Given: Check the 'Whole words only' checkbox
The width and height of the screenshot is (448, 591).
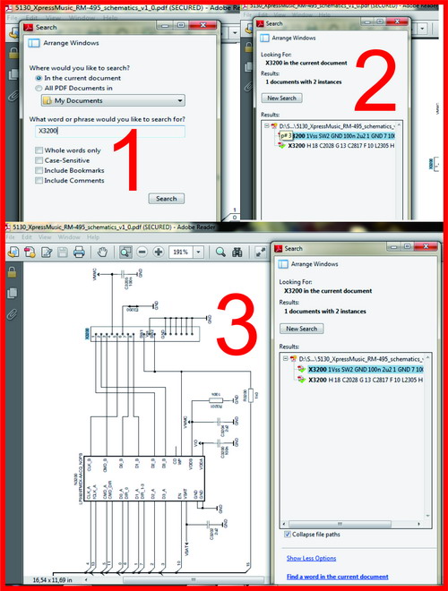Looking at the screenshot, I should point(39,150).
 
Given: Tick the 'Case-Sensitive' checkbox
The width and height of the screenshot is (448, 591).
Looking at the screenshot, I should point(39,160).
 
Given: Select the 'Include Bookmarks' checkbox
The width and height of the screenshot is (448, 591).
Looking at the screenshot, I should point(39,170).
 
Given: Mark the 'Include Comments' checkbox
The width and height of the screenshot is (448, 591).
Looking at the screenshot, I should point(39,180).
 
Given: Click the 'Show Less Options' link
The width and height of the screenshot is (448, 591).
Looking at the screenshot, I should point(311,558).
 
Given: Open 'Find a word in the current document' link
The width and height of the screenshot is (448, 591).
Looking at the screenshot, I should point(337,577).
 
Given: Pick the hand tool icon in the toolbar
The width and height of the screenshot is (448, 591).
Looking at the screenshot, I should point(104,253).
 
